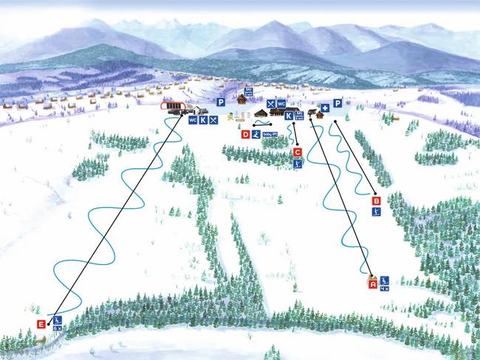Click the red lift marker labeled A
coord(373,283)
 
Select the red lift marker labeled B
coord(376,201)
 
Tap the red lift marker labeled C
coord(297,152)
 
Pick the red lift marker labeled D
coord(245,134)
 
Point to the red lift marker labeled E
coord(41,324)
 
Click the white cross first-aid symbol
coord(324,108)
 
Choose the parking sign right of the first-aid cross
coord(337,103)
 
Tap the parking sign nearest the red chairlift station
coord(220,102)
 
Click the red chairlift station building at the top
coord(174,105)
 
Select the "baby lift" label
coord(270,134)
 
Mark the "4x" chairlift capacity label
coord(384,288)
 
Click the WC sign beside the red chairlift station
coord(192,120)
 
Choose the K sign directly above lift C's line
coord(289,116)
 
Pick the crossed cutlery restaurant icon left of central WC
coord(271,103)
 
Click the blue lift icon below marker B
coord(376,212)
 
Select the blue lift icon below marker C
coord(297,163)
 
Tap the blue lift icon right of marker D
coord(256,134)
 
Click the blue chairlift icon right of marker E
coord(57,320)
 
